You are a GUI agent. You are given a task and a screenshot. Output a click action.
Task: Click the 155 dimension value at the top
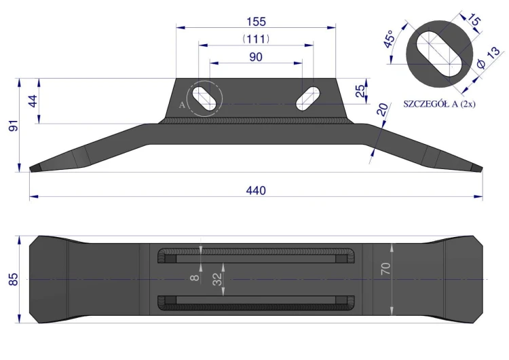256,22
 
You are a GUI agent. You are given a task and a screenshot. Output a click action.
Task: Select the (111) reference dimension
256,39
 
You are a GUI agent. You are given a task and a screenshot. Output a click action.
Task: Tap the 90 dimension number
256,57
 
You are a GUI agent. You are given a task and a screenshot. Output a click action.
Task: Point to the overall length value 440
256,190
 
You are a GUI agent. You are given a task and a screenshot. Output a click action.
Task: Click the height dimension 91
14,126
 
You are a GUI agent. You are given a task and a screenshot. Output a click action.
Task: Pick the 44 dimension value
33,101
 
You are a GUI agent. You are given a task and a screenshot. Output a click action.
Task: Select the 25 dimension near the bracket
360,91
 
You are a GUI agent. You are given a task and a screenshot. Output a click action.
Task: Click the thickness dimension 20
382,109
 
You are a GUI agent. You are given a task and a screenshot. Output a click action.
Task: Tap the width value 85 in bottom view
13,279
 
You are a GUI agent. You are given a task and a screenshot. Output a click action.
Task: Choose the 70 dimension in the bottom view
385,269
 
